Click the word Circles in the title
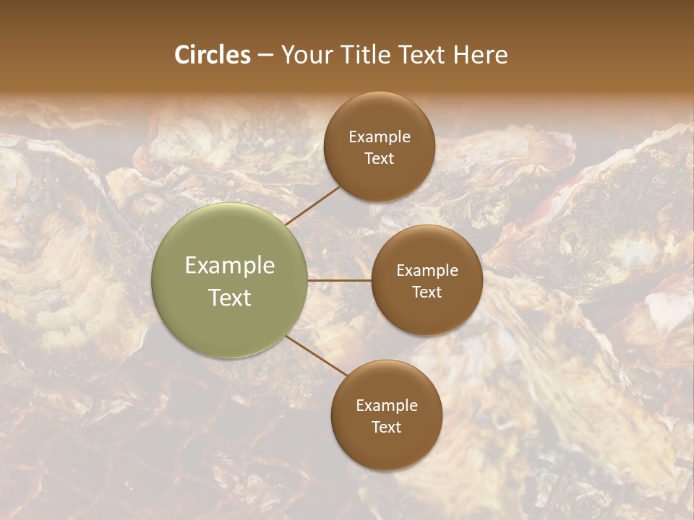pos(212,55)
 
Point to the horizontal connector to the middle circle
pos(340,280)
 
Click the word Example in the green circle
pos(230,266)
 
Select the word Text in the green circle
pos(230,298)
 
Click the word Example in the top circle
pos(379,137)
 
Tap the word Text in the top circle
pos(379,158)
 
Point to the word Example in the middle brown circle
pos(427,271)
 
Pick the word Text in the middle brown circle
pos(427,292)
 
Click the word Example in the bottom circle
pos(386,406)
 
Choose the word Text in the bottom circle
pos(386,427)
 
